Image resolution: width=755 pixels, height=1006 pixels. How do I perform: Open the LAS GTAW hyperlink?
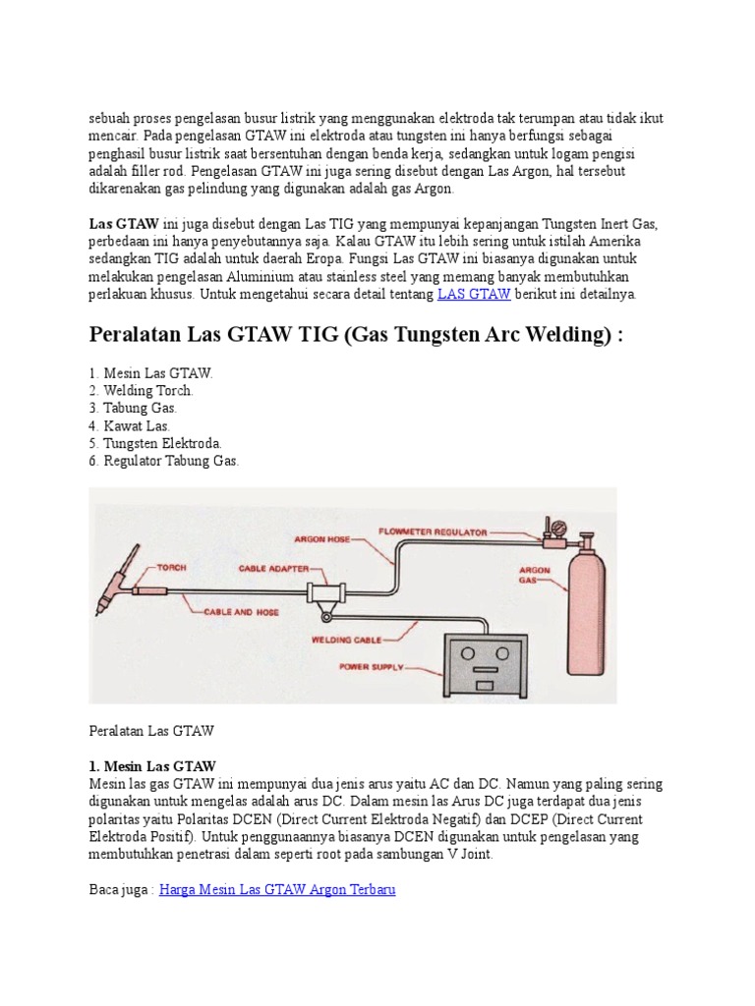click(474, 293)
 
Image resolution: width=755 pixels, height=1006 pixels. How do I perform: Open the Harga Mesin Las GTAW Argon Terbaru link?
click(277, 890)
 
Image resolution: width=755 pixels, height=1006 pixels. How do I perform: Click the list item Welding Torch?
click(141, 390)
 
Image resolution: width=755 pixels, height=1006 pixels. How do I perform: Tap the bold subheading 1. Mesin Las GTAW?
click(152, 766)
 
